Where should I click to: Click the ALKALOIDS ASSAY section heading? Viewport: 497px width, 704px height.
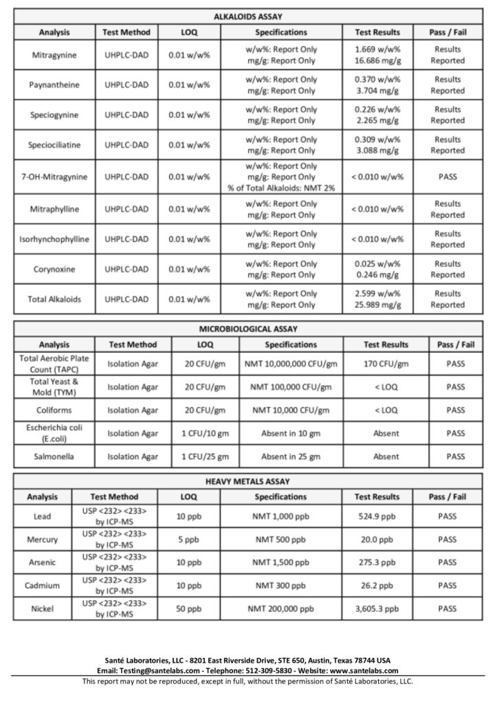[248, 16]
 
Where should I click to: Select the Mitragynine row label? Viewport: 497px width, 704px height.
[54, 54]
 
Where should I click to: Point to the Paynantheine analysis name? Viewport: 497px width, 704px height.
[54, 85]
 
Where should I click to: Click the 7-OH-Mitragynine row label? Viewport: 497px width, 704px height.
[54, 177]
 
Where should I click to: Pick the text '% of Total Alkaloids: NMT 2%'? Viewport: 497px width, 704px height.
[280, 188]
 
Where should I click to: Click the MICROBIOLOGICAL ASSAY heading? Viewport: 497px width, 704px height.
[248, 329]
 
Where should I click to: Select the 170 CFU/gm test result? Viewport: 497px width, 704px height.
[386, 364]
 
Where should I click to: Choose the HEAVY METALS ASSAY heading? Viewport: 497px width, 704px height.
[248, 481]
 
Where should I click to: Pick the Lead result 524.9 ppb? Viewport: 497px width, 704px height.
[377, 516]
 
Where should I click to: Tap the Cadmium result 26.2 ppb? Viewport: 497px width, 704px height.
[377, 586]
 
